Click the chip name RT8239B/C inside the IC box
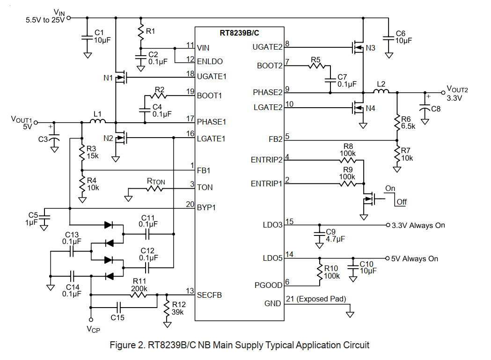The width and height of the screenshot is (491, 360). click(x=239, y=33)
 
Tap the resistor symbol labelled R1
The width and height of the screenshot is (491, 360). click(x=141, y=31)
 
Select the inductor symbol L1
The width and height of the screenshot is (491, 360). click(x=98, y=121)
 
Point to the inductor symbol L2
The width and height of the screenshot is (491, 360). click(x=381, y=91)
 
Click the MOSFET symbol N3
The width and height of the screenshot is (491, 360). click(x=358, y=47)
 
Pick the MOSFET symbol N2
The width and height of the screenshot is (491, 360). click(x=121, y=138)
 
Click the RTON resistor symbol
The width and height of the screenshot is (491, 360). click(x=154, y=189)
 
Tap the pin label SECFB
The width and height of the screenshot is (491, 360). click(x=209, y=295)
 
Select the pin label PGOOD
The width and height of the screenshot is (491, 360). click(x=268, y=285)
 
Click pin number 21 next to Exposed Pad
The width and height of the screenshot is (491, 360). click(x=290, y=299)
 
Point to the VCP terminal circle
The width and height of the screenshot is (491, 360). click(x=91, y=320)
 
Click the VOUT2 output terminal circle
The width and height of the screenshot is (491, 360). click(x=443, y=93)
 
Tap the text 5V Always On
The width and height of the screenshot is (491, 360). click(x=415, y=259)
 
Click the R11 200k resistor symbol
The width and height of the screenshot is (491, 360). click(x=139, y=295)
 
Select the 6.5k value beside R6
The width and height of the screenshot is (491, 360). click(x=408, y=126)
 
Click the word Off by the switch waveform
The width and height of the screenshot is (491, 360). click(x=402, y=202)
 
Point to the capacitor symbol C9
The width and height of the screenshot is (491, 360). click(x=319, y=234)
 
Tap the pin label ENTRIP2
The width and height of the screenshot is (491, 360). click(x=266, y=160)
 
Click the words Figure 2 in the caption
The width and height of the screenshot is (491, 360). click(x=127, y=345)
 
